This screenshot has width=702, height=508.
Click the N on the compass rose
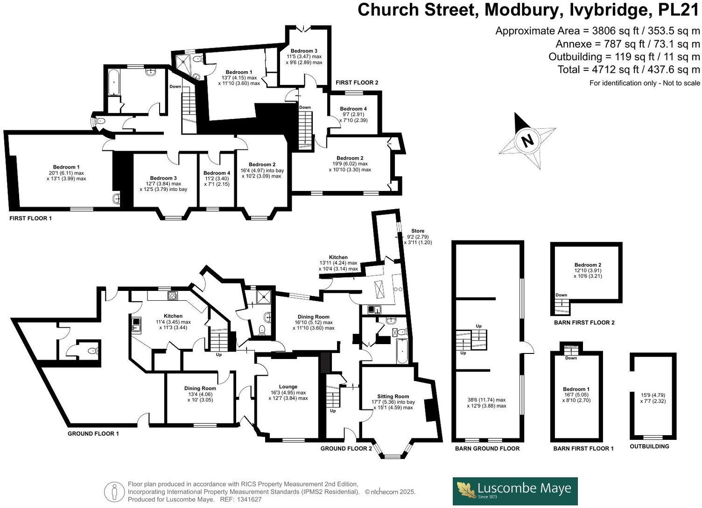(527, 140)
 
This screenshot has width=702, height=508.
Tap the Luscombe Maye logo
(515, 491)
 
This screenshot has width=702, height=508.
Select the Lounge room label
(288, 387)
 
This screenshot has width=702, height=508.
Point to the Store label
(418, 231)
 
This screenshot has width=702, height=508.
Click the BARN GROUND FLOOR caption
(487, 449)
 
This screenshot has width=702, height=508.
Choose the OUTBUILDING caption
(649, 446)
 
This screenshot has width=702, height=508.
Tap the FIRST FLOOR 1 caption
(31, 218)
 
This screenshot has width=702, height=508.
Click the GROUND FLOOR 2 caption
(346, 449)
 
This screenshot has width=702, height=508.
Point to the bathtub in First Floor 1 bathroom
(114, 83)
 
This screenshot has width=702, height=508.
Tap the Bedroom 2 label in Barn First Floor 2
(588, 265)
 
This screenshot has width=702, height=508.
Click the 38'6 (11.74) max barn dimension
(486, 400)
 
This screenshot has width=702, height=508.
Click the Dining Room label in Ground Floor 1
(200, 388)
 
